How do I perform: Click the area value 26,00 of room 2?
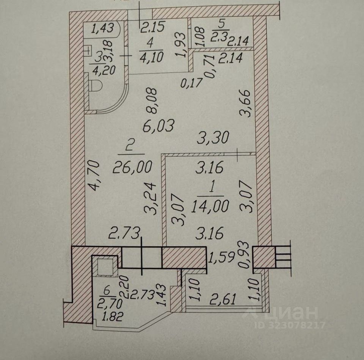(x=132, y=166)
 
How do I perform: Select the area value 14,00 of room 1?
(x=210, y=206)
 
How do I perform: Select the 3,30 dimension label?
(x=213, y=137)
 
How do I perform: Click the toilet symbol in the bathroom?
(x=96, y=85)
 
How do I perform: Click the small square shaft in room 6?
(x=105, y=266)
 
